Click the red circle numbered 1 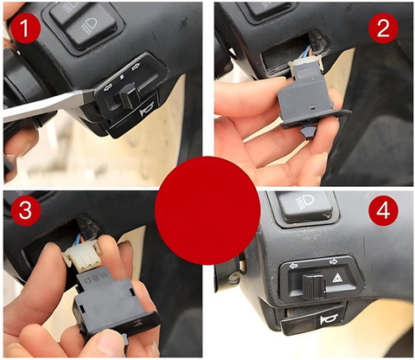[x=25, y=29]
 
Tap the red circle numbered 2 [x=383, y=28]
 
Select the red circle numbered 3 [x=25, y=210]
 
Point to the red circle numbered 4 [x=383, y=210]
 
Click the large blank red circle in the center [x=207, y=211]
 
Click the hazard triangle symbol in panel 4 [x=336, y=278]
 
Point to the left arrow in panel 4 [x=294, y=266]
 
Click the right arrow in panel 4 [x=334, y=261]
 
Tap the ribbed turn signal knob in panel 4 [x=314, y=286]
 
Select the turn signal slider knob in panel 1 [x=129, y=94]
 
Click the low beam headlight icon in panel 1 [x=90, y=24]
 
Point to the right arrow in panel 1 [x=136, y=67]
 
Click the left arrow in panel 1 [x=108, y=86]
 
